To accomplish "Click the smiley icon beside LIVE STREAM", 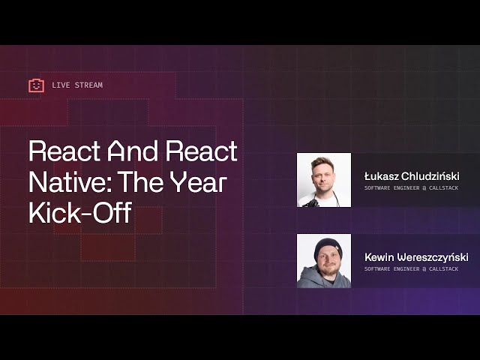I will [x=36, y=85].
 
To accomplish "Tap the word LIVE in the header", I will [x=60, y=85].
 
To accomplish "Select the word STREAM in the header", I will [x=88, y=85].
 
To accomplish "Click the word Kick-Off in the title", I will [x=79, y=213].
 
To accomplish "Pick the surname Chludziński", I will [x=430, y=176].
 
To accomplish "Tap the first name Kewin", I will [x=381, y=257].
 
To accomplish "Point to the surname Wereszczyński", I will [x=435, y=257].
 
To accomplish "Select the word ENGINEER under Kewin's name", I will [x=407, y=268].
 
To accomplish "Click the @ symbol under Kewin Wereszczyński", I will [x=424, y=268].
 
